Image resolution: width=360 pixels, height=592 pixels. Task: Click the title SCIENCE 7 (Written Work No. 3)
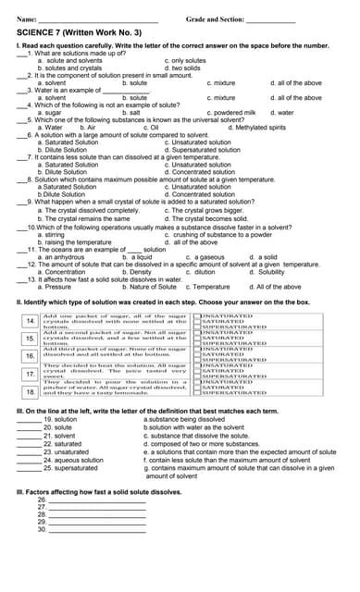click(x=79, y=31)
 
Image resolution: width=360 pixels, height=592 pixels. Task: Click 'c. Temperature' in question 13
click(x=208, y=287)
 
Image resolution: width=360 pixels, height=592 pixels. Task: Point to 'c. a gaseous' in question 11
click(x=205, y=256)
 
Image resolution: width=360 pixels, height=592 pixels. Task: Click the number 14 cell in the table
click(x=30, y=321)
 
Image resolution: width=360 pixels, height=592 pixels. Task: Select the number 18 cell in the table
click(x=30, y=392)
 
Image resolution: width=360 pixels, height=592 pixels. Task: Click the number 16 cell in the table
click(x=30, y=355)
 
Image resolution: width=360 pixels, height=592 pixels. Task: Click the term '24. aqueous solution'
click(x=75, y=460)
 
